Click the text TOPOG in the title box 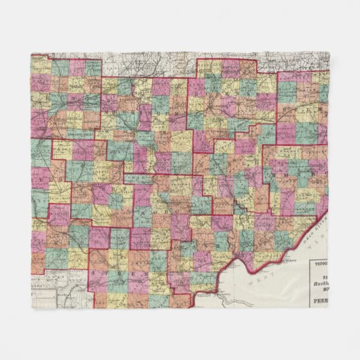320,259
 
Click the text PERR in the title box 320,299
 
